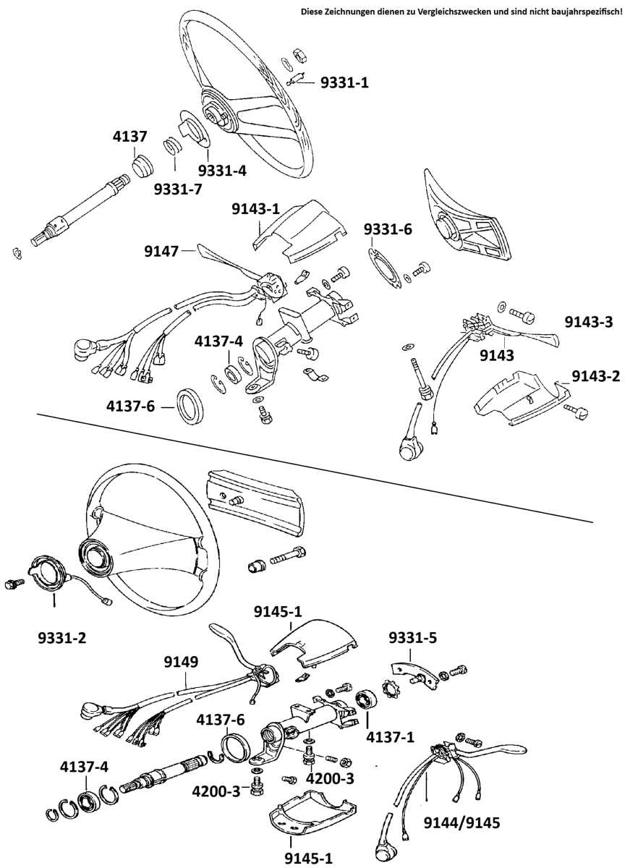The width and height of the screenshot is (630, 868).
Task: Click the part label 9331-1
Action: coord(345,83)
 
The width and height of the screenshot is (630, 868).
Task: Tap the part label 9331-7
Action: coord(177,189)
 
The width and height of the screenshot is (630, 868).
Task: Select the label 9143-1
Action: coord(255,210)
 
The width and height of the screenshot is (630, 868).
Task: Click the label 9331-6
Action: coord(388,229)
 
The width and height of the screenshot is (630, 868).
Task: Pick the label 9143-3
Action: coord(588,322)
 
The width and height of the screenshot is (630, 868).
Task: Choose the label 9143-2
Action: coord(596,375)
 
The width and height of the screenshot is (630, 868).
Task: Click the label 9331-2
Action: coord(63,638)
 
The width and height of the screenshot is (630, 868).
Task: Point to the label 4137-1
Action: coord(391,738)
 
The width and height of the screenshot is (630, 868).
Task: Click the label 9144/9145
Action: coord(462,822)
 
